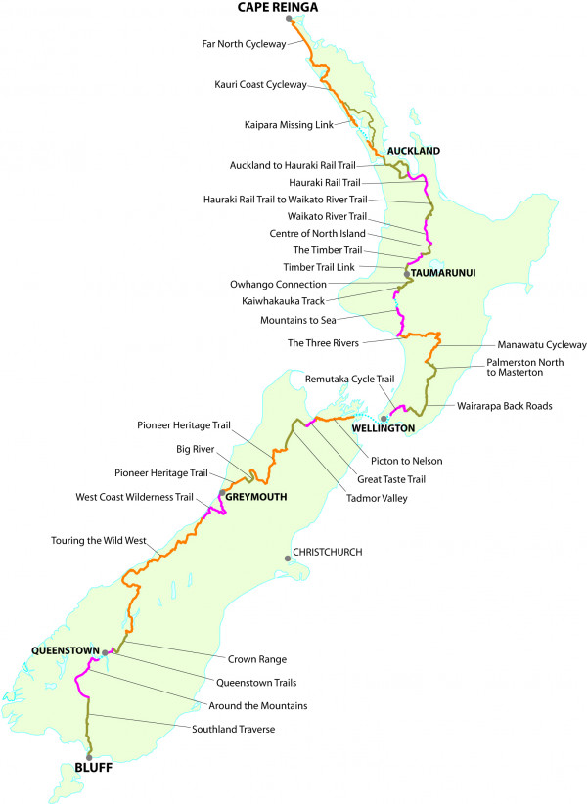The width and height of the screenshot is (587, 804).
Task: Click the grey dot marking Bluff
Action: [89, 756]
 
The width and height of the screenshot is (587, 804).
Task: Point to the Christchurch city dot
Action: [288, 558]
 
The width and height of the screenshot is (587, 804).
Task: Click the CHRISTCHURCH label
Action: [330, 553]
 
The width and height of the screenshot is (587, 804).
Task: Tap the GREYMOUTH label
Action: [256, 497]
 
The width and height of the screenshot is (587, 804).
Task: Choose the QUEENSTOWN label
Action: [66, 649]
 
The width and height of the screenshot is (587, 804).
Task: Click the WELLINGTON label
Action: [385, 428]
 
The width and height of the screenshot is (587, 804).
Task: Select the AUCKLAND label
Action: [414, 151]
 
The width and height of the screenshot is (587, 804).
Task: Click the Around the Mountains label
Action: [257, 705]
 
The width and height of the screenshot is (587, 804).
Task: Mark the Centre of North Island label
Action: [317, 233]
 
